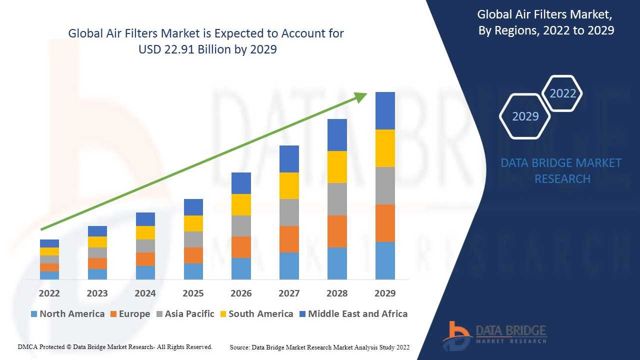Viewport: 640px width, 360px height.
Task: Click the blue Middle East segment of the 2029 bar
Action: pos(385,110)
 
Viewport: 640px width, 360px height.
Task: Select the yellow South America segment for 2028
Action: pos(337,167)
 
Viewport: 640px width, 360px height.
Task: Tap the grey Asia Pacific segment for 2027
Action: pos(289,212)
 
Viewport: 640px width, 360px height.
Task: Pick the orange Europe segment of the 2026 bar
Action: pos(241,247)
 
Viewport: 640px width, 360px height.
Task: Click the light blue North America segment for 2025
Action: pos(193,271)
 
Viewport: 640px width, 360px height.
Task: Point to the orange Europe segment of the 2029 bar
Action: pos(385,223)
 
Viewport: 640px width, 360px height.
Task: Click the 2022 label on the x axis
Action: pos(49,293)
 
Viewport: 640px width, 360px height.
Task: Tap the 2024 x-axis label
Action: pos(145,293)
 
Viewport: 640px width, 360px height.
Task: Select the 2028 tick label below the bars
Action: pos(337,293)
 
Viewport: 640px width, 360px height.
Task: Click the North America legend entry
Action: pos(71,314)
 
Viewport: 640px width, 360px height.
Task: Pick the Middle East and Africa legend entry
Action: pos(357,314)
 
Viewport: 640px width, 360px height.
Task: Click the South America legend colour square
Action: pos(222,314)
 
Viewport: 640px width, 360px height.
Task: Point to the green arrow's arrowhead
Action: pos(361,96)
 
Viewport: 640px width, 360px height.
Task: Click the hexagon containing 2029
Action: pos(525,116)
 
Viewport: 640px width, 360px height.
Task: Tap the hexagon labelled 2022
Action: pos(562,93)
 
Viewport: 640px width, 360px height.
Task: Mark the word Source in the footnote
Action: pos(239,347)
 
